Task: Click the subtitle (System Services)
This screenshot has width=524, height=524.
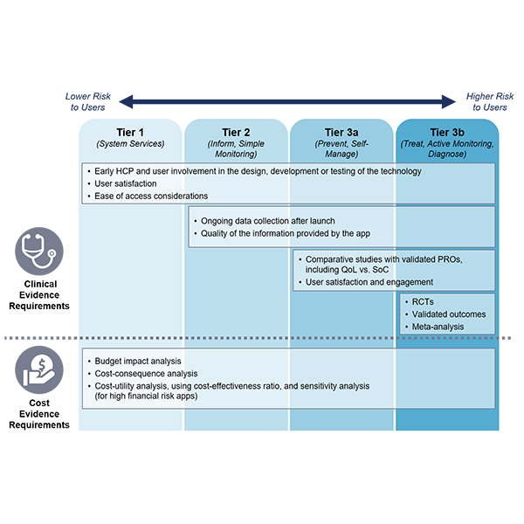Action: pyautogui.click(x=131, y=144)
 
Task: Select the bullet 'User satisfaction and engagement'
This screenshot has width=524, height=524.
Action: pyautogui.click(x=370, y=283)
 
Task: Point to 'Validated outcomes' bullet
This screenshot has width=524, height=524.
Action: pyautogui.click(x=448, y=314)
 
